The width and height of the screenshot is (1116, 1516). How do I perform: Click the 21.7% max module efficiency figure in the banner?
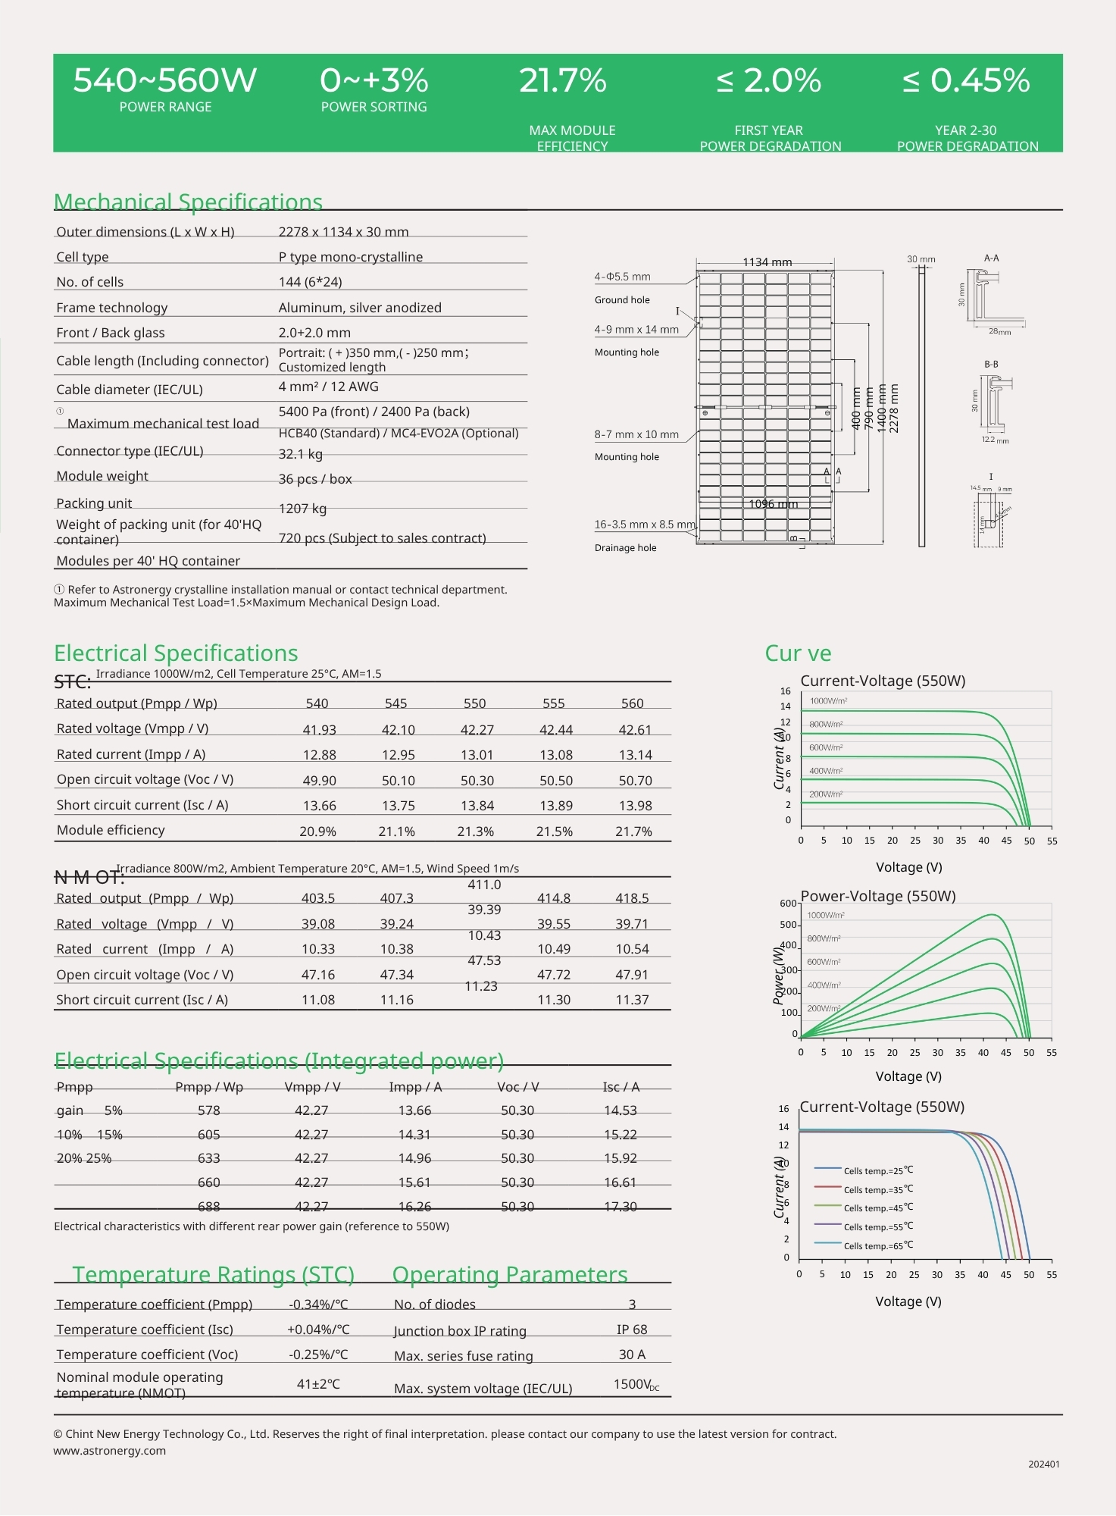[x=562, y=81]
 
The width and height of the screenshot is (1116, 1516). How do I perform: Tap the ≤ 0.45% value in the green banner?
[x=966, y=81]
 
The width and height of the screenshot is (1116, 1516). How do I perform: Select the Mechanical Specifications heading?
[x=188, y=202]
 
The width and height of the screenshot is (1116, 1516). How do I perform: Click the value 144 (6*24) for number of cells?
[x=310, y=282]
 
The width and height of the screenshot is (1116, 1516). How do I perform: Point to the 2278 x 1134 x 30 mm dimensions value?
[x=343, y=232]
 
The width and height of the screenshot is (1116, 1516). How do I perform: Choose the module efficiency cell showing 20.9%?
[x=317, y=832]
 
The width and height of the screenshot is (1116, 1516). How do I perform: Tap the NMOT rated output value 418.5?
[x=632, y=898]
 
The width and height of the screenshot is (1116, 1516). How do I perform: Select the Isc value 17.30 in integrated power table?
[x=620, y=1207]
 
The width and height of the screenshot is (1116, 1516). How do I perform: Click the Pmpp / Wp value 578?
[x=208, y=1110]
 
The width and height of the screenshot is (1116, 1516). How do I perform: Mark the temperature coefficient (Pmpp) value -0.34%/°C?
[x=318, y=1305]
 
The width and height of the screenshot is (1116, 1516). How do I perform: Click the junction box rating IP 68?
[x=632, y=1330]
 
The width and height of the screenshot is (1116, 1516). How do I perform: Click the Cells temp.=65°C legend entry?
[x=878, y=1245]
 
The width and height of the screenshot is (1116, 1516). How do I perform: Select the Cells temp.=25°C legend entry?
[x=878, y=1170]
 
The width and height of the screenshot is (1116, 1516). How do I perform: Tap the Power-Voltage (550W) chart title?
[x=877, y=896]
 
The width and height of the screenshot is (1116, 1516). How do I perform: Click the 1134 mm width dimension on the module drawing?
[x=767, y=262]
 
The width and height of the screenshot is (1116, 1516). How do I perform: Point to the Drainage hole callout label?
[x=625, y=548]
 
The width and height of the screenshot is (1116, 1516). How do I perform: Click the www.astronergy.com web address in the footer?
[x=110, y=1451]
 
